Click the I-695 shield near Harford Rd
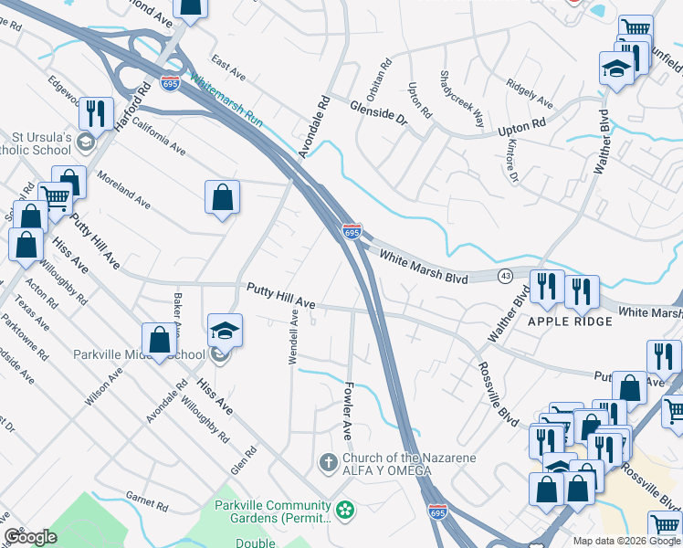[x=170, y=83]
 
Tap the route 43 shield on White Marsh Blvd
[x=505, y=275]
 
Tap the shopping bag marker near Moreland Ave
[x=222, y=196]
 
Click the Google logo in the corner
[x=30, y=537]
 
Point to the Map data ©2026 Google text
[x=626, y=541]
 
